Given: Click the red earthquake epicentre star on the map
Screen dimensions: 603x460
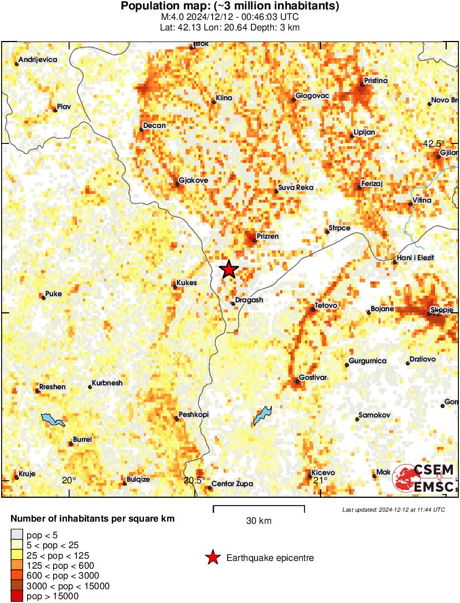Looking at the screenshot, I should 229,269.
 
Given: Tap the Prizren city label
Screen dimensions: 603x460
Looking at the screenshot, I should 267,236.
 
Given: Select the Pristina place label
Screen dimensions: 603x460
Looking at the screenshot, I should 376,81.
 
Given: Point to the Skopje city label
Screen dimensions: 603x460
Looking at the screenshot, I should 443,308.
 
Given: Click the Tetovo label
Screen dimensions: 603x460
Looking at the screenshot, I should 326,306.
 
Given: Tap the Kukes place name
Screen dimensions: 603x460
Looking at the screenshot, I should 187,283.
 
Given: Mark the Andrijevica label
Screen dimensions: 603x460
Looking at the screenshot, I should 38,60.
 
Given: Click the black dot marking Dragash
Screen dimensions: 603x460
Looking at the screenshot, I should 233,303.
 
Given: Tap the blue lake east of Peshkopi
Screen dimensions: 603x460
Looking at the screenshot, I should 262,416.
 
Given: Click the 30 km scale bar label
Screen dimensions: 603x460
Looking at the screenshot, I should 259,521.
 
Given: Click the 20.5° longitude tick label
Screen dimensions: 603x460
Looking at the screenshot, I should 195,480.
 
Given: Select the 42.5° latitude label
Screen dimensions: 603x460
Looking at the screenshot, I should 434,143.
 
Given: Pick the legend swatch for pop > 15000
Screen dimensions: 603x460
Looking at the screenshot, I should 17,596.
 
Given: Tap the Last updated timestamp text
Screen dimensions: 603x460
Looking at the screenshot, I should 393,509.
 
